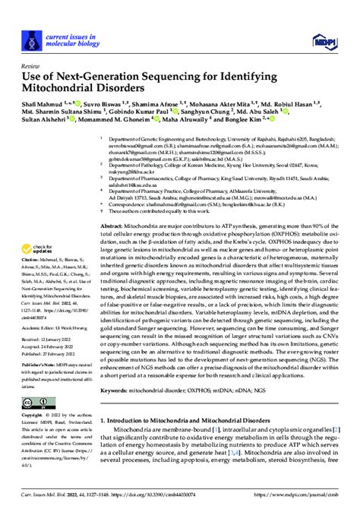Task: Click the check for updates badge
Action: click(x=41, y=229)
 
